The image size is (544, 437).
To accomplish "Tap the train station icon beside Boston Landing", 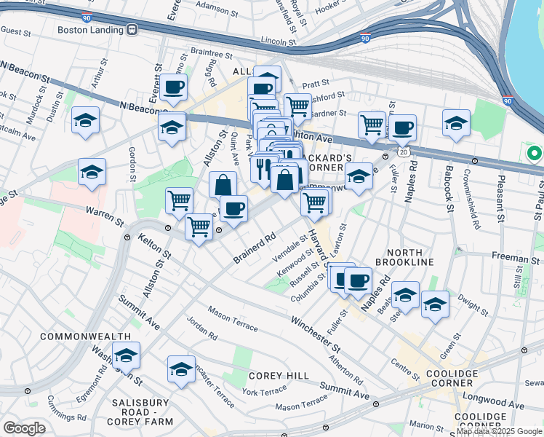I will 132,30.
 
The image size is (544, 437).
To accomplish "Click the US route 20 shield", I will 402,151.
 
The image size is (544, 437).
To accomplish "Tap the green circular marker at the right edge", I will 535,154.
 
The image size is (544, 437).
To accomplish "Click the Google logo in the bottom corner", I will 24,428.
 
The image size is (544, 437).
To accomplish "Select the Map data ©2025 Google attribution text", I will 499,431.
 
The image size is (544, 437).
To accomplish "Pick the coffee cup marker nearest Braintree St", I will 174,88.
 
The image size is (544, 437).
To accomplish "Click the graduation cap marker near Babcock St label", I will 455,122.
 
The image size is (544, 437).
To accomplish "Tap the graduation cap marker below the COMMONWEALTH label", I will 126,355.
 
